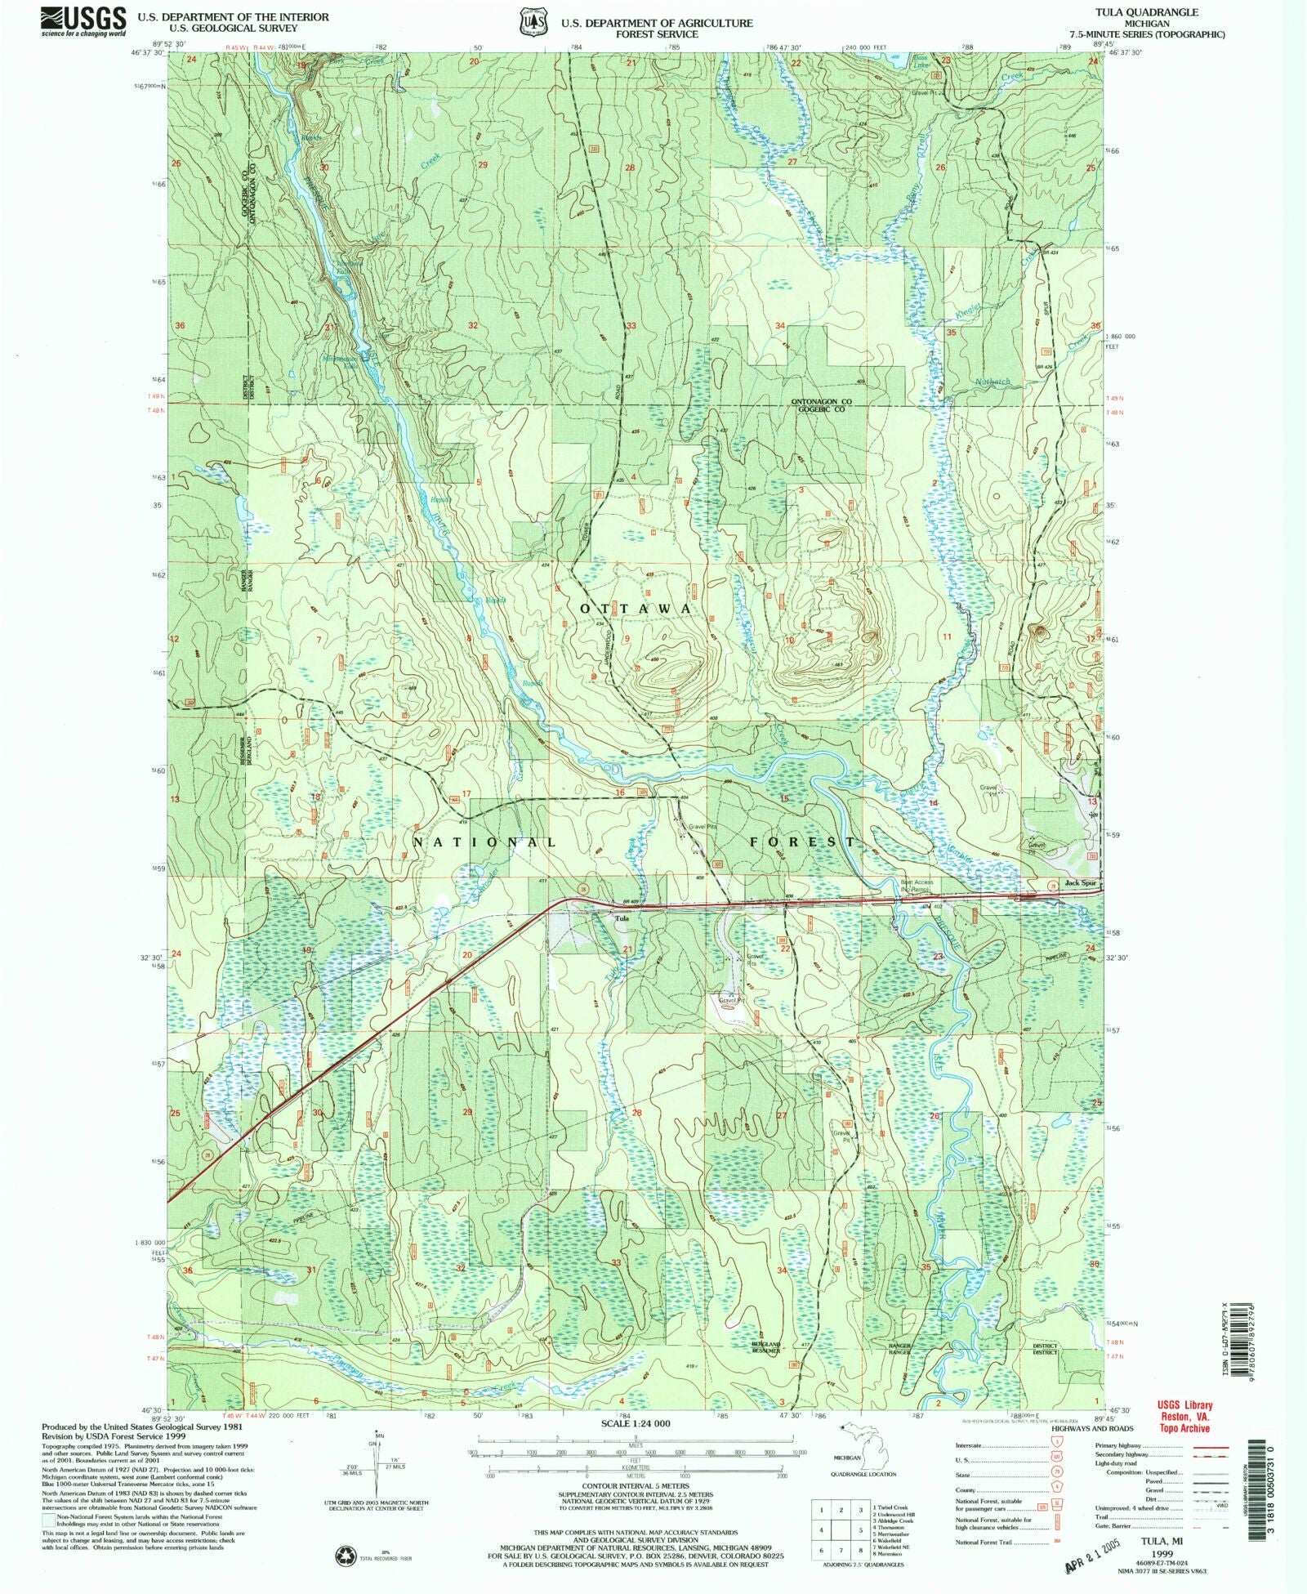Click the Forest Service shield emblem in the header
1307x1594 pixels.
tap(529, 22)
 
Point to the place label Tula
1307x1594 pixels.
tap(622, 918)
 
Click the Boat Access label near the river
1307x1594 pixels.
tap(917, 882)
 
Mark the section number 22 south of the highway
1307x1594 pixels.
tap(785, 949)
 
